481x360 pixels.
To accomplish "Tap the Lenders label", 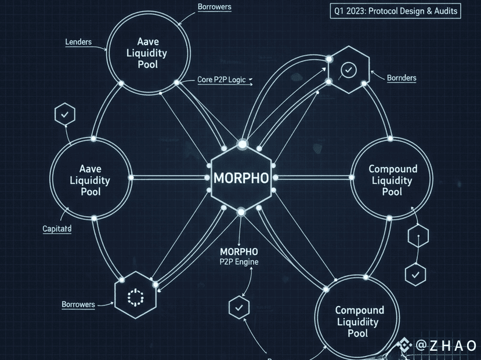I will [x=79, y=42].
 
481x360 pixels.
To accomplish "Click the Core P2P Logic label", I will [x=221, y=80].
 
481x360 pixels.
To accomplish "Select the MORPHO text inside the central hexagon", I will [x=241, y=177].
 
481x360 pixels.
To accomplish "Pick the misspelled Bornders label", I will [x=401, y=78].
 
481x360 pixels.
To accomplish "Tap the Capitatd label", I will [x=57, y=228].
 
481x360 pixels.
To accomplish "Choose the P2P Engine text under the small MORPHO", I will [x=239, y=261].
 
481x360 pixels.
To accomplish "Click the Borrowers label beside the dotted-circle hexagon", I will [x=78, y=304].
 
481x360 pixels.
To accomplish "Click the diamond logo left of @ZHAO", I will [x=404, y=346].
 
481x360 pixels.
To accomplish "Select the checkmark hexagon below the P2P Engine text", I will [x=238, y=307].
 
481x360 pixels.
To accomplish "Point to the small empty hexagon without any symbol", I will [x=418, y=237].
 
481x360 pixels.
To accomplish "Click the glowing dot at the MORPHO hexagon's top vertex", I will [x=242, y=143].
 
